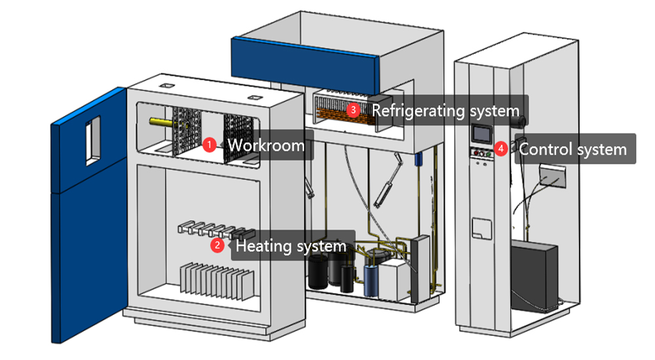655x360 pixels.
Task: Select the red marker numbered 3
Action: (x=354, y=110)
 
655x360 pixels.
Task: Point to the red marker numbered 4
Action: (x=501, y=149)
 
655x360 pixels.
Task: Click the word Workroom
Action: (x=266, y=145)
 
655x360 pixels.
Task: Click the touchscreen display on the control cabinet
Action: (x=481, y=134)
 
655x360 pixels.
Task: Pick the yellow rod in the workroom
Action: (x=160, y=122)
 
